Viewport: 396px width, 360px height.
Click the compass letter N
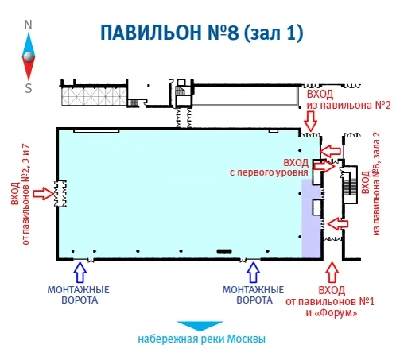28,25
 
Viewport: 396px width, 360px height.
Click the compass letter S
29,88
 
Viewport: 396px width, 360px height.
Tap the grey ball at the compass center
29,56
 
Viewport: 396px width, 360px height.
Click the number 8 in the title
233,33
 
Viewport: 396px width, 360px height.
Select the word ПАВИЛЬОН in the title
151,33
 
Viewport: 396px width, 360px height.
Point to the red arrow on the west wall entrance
44,193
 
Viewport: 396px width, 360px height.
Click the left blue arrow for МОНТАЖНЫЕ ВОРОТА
80,273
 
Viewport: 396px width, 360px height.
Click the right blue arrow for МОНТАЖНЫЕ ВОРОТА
254,273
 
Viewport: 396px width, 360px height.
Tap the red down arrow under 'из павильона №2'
310,121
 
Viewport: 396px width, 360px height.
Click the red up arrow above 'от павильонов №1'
332,273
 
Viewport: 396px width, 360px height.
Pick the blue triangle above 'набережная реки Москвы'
200,326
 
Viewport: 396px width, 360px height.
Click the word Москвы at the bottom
247,339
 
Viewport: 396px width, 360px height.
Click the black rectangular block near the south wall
224,251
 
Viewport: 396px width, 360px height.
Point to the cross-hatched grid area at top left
94,96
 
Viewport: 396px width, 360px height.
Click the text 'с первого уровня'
269,172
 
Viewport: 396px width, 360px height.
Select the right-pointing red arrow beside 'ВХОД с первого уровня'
324,166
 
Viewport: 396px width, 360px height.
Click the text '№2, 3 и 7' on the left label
26,167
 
